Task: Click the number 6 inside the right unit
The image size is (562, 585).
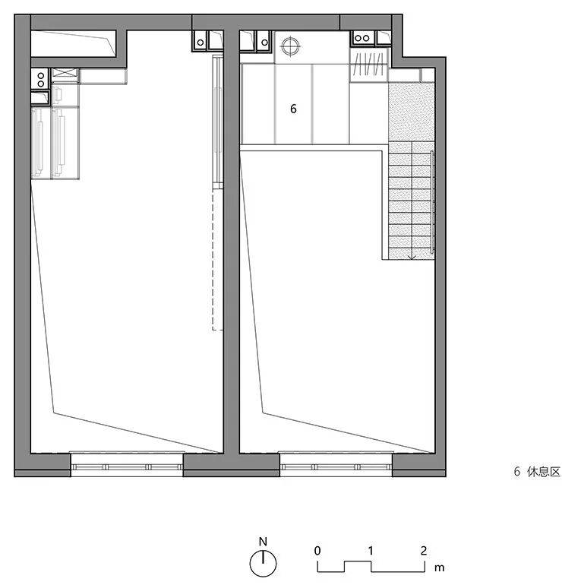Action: [x=293, y=109]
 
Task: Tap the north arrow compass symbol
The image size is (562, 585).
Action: [x=263, y=564]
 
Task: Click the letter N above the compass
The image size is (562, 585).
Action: [x=263, y=542]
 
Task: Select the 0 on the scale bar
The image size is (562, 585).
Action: [x=317, y=551]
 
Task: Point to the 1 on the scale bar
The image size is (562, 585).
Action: [x=371, y=551]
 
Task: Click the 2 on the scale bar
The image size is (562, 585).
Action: [x=424, y=551]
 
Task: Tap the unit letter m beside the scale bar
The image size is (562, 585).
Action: [x=439, y=568]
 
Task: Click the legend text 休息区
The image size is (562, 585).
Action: [x=544, y=472]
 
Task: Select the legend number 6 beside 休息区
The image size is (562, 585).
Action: [x=517, y=472]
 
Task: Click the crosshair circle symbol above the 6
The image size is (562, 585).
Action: [x=291, y=46]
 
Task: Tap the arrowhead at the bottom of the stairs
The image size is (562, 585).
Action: [x=412, y=257]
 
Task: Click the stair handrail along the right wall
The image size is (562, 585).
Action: [x=432, y=202]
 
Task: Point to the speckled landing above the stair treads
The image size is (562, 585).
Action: [x=412, y=112]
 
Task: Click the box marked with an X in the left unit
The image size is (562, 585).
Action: [x=65, y=75]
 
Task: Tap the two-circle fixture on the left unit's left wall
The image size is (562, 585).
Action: [x=40, y=79]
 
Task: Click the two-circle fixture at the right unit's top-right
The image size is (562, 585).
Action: [x=362, y=38]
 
